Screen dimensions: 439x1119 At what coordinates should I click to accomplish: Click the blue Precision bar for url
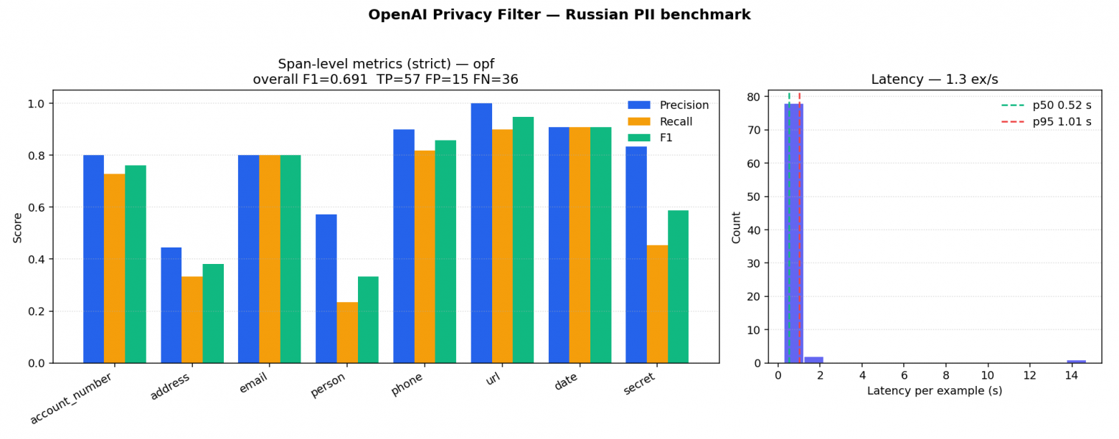[x=481, y=233]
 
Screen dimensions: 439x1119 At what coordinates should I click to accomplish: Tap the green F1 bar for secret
[x=678, y=286]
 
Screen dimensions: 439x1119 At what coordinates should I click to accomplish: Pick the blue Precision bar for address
[x=171, y=305]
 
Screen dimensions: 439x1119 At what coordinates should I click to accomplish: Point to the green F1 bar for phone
[x=445, y=251]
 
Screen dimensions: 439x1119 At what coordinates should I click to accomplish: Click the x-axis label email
[x=253, y=383]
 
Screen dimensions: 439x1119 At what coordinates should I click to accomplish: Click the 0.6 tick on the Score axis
[x=36, y=207]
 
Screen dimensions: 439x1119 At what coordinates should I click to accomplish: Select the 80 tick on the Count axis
[x=754, y=97]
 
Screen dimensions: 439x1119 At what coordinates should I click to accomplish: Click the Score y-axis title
[x=17, y=227]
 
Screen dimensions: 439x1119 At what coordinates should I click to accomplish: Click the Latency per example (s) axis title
[x=934, y=391]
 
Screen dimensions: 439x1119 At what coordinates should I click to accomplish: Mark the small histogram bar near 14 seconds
[x=1076, y=362]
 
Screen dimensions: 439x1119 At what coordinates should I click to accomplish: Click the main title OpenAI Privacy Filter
[x=559, y=15]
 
